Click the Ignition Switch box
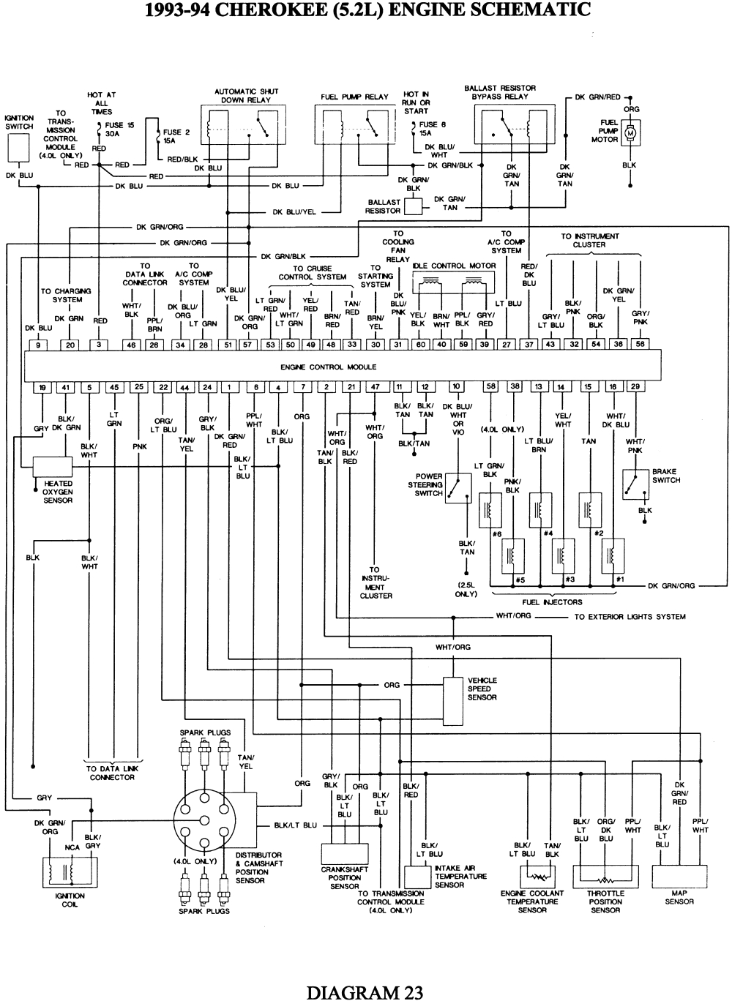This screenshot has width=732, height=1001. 20,149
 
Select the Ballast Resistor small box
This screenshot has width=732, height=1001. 414,207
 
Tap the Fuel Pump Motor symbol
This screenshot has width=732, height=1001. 630,132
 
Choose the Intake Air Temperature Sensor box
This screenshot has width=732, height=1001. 418,877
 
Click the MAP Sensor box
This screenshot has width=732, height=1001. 679,877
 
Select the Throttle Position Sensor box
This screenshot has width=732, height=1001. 605,877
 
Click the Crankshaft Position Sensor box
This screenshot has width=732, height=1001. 344,854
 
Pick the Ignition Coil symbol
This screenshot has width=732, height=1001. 70,873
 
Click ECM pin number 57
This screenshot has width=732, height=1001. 248,344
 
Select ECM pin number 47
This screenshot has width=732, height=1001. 375,387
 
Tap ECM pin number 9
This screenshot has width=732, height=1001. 37,344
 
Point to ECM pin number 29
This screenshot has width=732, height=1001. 635,387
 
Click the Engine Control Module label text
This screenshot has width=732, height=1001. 328,367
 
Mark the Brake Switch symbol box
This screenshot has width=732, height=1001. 634,484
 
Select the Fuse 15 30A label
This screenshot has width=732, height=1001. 119,130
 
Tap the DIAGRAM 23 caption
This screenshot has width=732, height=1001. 365,992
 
